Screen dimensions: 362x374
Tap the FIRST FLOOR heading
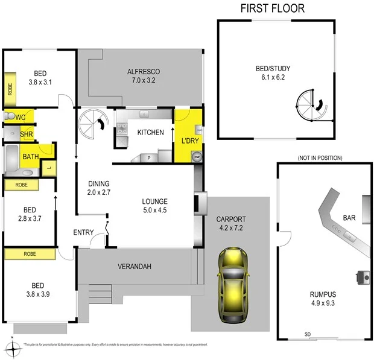pyautogui.click(x=272, y=8)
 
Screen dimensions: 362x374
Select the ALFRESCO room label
pyautogui.click(x=143, y=75)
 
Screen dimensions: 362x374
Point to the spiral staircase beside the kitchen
pyautogui.click(x=92, y=124)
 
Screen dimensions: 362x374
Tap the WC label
pyautogui.click(x=21, y=116)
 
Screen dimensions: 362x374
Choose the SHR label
pyautogui.click(x=26, y=134)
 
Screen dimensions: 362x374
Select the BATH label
pyautogui.click(x=30, y=156)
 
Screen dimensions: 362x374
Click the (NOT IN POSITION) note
pyautogui.click(x=319, y=157)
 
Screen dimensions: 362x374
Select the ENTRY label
pyautogui.click(x=83, y=232)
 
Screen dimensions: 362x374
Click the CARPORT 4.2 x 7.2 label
pyautogui.click(x=231, y=224)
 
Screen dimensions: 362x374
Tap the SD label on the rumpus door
pyautogui.click(x=308, y=334)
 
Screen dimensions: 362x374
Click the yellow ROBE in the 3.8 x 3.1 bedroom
pyautogui.click(x=10, y=86)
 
